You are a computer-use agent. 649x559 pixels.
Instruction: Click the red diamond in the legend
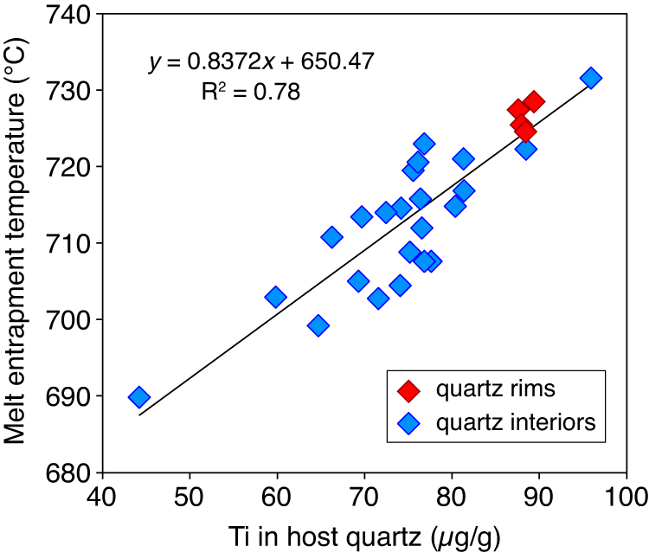[x=408, y=391]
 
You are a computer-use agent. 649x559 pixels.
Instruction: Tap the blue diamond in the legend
[x=408, y=424]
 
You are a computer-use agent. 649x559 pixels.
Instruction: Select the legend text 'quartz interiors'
[x=504, y=424]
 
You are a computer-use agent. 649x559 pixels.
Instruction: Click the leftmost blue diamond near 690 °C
[x=139, y=397]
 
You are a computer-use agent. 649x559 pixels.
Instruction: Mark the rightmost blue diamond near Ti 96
[x=591, y=78]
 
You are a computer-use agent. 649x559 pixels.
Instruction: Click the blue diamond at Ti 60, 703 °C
[x=276, y=298]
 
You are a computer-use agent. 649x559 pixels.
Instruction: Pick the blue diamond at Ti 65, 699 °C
[x=318, y=325]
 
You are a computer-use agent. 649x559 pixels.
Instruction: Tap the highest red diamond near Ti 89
[x=534, y=101]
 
